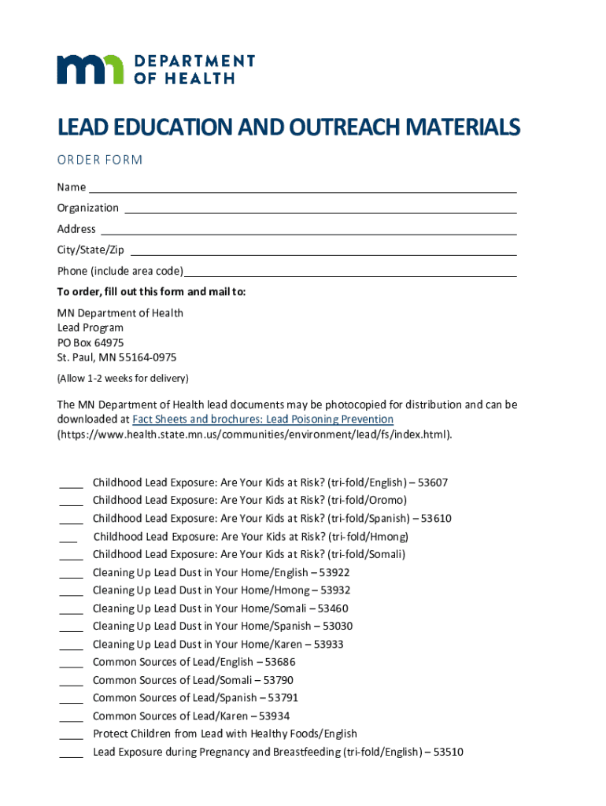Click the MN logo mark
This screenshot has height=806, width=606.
tap(90, 69)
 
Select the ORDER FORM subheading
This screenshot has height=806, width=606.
tap(99, 160)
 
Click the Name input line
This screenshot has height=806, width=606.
tap(302, 188)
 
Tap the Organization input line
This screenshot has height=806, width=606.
tap(320, 209)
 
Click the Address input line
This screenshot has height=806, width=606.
tap(309, 230)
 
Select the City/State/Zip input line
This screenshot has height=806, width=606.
tap(323, 250)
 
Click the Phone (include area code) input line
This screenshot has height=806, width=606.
tap(349, 272)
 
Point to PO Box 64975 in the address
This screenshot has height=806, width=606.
tap(90, 342)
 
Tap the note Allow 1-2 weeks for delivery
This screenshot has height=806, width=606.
tap(122, 378)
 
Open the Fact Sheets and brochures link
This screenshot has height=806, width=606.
tap(263, 420)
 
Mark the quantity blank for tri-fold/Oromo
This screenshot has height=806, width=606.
tap(71, 501)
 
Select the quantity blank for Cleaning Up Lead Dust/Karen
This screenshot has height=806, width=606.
tap(71, 645)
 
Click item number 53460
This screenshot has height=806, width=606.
tap(333, 608)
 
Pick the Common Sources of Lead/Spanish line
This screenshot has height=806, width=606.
tap(195, 697)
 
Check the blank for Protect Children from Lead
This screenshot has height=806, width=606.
tap(71, 735)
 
